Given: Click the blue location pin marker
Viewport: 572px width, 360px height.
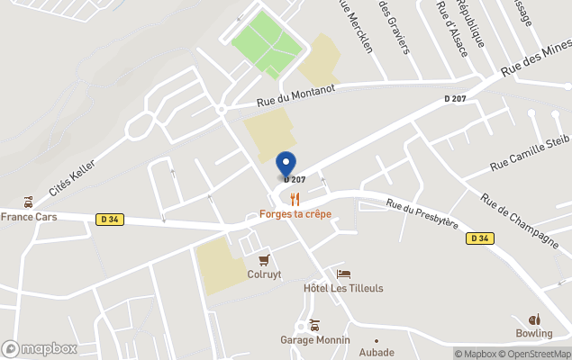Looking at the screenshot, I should tap(286, 165).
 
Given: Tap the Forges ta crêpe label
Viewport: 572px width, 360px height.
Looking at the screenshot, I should tap(295, 214).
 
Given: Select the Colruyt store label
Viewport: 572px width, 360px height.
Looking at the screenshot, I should tap(264, 274).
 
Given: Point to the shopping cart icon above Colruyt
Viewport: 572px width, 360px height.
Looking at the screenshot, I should tap(264, 260).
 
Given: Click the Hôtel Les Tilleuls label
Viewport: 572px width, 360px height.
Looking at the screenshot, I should tap(343, 288).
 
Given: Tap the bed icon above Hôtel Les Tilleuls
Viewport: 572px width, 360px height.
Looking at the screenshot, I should tap(342, 274).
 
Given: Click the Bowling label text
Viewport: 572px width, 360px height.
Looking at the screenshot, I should tap(534, 334).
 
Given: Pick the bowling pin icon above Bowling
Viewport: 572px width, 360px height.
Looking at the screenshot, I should tap(534, 319).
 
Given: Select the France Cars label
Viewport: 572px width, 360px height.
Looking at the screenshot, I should tap(29, 216).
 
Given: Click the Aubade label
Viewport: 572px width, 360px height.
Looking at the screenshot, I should tap(377, 352).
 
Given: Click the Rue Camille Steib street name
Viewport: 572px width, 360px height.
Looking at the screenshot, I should tap(531, 153).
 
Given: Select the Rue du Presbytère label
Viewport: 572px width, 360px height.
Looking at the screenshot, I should tap(422, 213).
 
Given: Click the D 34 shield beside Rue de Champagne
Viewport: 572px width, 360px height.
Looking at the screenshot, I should tap(479, 238).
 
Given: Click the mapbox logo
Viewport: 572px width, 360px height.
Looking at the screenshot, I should tap(39, 348).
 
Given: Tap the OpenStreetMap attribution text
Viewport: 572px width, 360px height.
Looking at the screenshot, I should tap(536, 354).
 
